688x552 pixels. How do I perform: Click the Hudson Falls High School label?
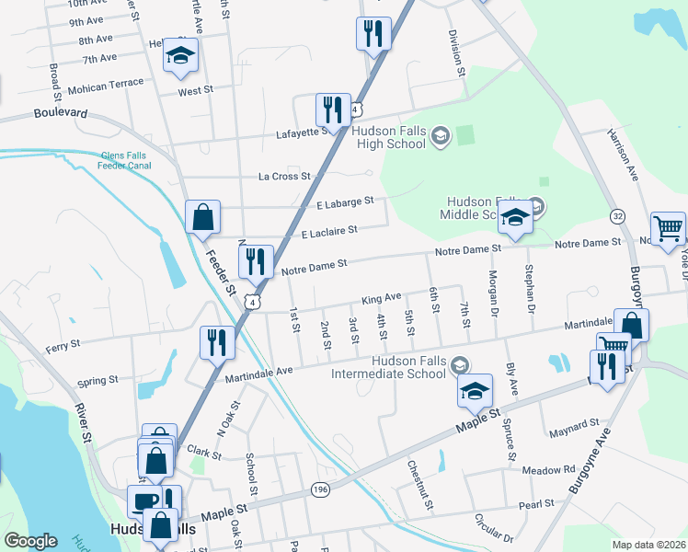coord(389,137)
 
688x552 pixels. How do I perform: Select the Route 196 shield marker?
coord(320,488)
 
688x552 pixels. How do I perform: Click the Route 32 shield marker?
coord(618,214)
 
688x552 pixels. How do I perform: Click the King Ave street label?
coord(381,299)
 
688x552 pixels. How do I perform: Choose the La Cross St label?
coord(281,176)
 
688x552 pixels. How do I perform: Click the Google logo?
coord(30,540)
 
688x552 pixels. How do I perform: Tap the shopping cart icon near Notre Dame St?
coord(668,228)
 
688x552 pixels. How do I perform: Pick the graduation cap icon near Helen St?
coord(181,57)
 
